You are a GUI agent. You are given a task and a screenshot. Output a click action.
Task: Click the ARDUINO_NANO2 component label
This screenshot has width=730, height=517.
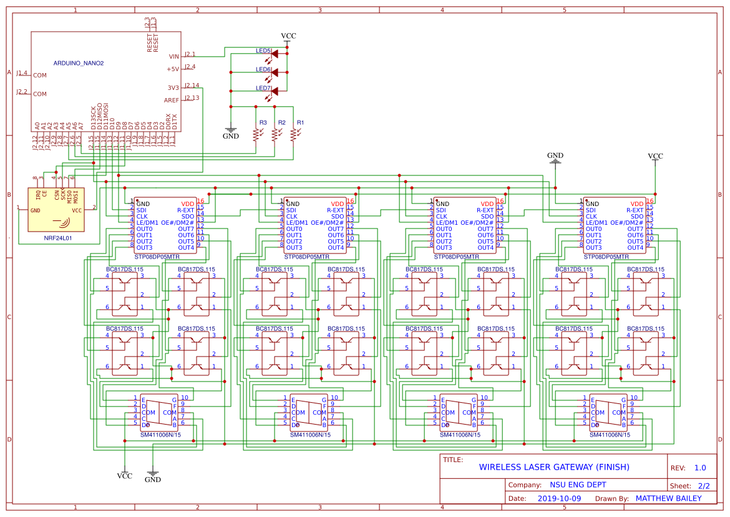pos(79,63)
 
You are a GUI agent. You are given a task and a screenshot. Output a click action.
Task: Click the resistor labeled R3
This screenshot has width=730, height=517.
pos(256,134)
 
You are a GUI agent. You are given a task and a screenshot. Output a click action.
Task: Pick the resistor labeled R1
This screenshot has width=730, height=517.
pos(293,134)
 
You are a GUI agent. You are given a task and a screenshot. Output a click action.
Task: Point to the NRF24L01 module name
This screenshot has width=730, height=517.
pos(57,238)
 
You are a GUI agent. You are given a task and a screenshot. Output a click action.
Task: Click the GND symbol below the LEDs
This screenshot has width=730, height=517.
pos(231,132)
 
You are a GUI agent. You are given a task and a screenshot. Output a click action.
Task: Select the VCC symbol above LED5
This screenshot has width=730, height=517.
pos(288,37)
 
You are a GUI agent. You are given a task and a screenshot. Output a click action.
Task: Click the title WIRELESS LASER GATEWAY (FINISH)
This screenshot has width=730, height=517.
pos(554,467)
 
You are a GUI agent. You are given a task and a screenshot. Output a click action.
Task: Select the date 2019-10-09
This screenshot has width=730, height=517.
pos(558,498)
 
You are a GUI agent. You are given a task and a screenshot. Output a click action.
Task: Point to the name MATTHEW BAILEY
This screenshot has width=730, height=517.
pos(668,498)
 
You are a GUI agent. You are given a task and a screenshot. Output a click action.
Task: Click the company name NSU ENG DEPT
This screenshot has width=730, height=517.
pos(578,485)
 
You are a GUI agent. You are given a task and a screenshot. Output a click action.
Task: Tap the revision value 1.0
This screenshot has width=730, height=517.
pos(700,468)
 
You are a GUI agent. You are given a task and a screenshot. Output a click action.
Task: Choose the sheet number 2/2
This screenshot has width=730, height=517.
pos(704,485)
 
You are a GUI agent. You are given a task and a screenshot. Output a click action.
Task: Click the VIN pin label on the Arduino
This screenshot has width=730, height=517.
pos(173,56)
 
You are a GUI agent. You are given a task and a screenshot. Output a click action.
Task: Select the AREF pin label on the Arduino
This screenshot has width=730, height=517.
pos(171,100)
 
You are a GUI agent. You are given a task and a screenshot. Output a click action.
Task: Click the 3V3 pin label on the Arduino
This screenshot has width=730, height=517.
pos(173,87)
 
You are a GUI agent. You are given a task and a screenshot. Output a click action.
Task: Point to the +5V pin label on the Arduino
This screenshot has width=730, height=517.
pos(172,69)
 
